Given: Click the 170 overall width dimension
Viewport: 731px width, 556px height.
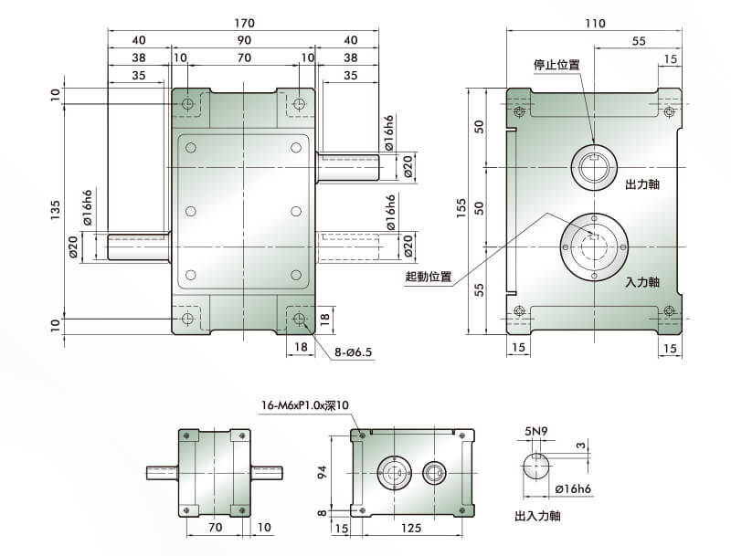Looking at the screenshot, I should click(x=244, y=22).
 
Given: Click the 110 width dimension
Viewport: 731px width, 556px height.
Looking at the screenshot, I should click(x=595, y=24).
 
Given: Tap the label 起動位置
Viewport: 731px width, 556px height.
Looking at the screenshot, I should click(x=429, y=276).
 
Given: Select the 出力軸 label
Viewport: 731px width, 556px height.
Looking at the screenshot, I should click(x=642, y=184).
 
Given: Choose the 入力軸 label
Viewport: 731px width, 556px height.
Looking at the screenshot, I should click(x=642, y=283).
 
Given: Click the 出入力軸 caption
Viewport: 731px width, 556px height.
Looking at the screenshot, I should click(x=538, y=516).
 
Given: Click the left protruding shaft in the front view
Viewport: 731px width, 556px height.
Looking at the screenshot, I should click(x=137, y=247).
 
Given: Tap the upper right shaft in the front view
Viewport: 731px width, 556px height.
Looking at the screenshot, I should click(x=348, y=166).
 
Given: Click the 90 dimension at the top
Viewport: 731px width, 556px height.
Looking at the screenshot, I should click(x=244, y=40).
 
